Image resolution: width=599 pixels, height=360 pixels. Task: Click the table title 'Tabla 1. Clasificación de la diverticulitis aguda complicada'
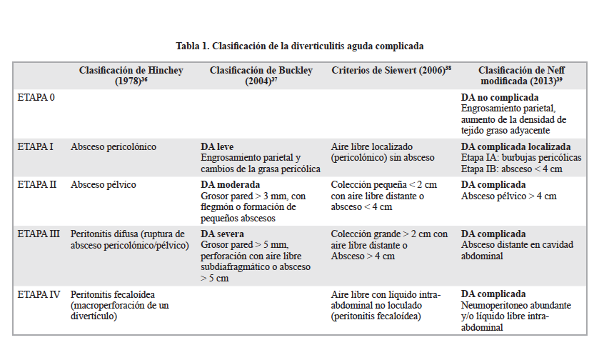pos(300,46)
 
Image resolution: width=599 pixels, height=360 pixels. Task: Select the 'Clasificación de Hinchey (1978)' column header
pos(131,76)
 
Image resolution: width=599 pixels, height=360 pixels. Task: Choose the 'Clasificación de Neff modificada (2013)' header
pos(520,76)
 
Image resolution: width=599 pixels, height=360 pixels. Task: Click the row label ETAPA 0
pos(36,96)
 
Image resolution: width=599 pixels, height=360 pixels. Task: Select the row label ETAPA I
pos(35,146)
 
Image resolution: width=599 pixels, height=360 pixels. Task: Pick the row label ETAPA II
pos(36,184)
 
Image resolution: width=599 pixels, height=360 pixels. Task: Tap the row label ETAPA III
pos(39,234)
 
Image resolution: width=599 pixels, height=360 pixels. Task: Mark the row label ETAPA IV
pos(39,294)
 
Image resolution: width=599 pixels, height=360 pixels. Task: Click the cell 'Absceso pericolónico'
pos(114,146)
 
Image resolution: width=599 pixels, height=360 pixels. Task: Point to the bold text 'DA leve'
pos(217,146)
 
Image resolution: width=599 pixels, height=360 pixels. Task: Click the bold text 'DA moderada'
pos(228,184)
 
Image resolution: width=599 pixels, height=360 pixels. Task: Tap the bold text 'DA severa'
pos(222,234)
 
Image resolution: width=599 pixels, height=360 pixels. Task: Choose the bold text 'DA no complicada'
pos(498,96)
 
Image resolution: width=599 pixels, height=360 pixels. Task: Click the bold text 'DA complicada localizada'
pos(515,146)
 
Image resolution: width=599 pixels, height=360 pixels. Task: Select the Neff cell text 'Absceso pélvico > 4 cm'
pos(508,196)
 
